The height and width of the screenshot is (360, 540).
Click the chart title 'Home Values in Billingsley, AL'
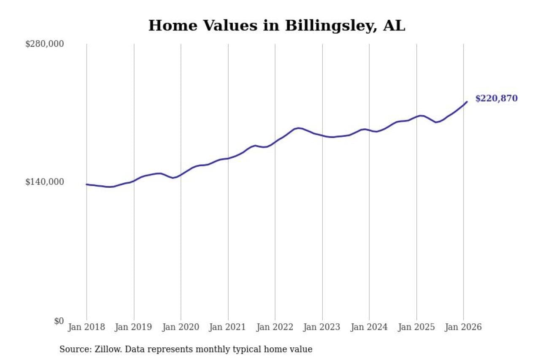(276, 25)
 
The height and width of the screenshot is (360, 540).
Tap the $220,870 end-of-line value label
(496, 99)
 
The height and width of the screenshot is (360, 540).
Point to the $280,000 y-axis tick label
(45, 44)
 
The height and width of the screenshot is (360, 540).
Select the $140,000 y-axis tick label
(45, 182)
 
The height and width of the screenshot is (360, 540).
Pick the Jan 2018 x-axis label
(86, 327)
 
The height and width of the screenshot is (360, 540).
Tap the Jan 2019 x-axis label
(134, 327)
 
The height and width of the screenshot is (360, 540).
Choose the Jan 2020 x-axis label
(181, 327)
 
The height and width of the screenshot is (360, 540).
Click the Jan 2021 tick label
(228, 327)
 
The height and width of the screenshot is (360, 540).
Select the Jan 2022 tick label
(275, 327)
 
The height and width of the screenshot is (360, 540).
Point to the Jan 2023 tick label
(322, 327)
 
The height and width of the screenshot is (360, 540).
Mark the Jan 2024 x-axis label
(369, 327)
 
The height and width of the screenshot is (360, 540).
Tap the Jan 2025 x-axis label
(416, 327)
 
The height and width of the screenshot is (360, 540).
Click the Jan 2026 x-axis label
(463, 327)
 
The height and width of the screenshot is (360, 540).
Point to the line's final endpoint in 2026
(467, 102)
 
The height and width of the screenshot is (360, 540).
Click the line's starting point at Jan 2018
(86, 184)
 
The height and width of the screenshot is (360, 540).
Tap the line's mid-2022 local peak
(298, 128)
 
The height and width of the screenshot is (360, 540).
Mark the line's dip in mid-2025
(437, 122)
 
